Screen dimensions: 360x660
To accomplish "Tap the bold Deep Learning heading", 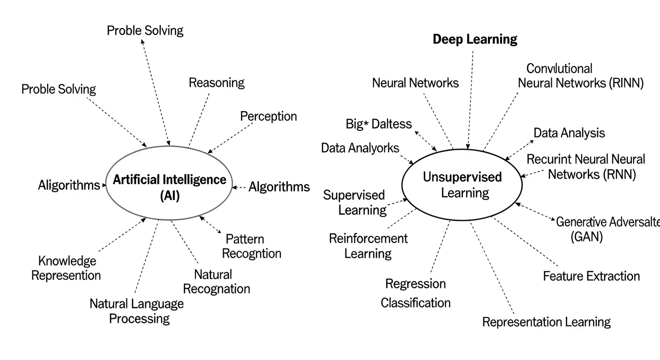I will point(475,39).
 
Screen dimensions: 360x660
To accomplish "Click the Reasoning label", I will point(217,83).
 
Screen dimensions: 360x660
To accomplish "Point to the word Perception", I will point(268,116).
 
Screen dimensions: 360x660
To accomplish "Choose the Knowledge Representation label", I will point(66,268).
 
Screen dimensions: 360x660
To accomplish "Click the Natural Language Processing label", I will point(137,311).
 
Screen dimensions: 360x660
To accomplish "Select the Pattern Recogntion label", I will point(251,247).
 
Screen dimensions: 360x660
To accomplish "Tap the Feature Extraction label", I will point(591,276).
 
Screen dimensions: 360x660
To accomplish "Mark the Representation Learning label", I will point(546,322).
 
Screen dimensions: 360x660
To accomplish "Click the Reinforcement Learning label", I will point(368,246).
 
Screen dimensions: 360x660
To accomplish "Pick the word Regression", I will point(415,284).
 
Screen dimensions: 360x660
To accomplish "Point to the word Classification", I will point(415,303).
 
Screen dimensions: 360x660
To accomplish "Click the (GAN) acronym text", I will point(587,237).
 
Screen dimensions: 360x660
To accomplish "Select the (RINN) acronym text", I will point(626,83).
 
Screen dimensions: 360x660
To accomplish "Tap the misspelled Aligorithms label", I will point(69,185).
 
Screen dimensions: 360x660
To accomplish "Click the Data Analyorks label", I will point(360,148).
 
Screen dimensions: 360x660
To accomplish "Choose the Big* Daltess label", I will point(379,124).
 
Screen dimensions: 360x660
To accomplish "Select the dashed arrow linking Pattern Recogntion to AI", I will point(210,225).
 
